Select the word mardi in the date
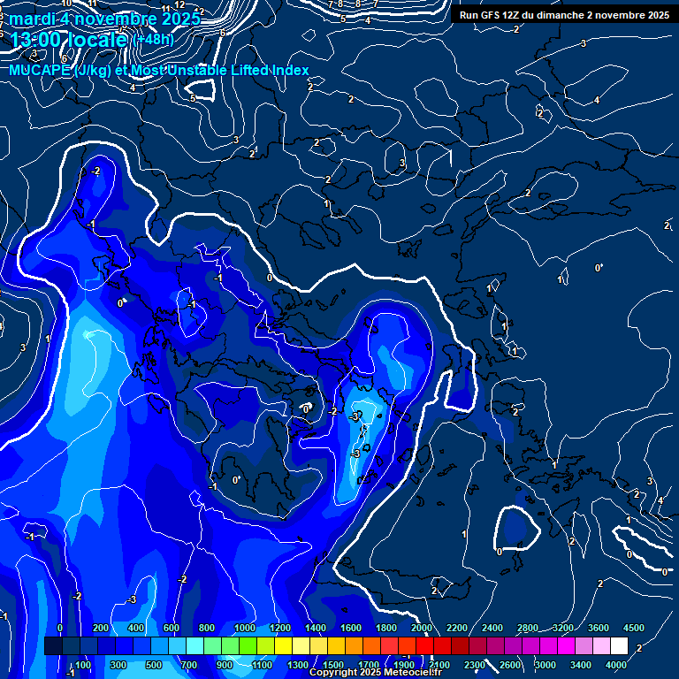(29, 17)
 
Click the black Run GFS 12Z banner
(562, 14)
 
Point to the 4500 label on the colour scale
(634, 628)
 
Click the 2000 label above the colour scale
(422, 628)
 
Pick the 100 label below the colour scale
(84, 665)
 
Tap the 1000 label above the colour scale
(245, 628)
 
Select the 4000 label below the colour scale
(616, 665)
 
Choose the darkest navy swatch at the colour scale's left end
(53, 646)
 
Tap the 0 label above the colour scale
(60, 628)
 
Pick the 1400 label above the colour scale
(316, 628)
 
